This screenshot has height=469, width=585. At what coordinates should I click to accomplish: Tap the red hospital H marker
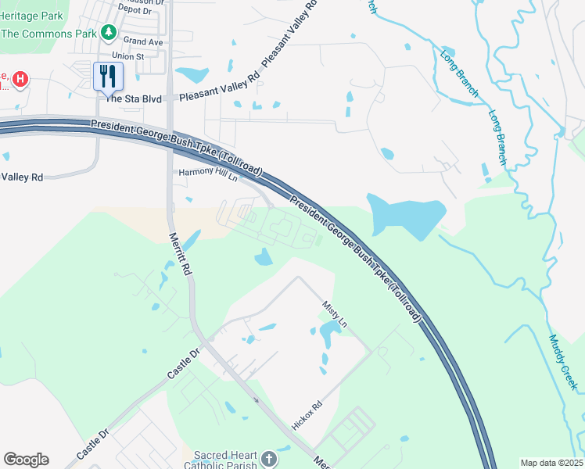(x=21, y=79)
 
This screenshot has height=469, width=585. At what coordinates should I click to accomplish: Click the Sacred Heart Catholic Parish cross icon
(x=268, y=459)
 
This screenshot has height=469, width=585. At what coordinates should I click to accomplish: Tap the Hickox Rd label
(x=307, y=416)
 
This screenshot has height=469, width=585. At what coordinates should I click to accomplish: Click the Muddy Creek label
(x=562, y=363)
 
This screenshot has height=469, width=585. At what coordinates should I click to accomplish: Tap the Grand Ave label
(x=142, y=41)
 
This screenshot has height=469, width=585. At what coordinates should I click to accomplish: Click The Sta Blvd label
(x=133, y=99)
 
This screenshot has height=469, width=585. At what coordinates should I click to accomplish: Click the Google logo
(x=26, y=460)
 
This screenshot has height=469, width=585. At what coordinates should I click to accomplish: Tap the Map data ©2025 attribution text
(x=551, y=463)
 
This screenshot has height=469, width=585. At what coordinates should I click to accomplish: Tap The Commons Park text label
(x=48, y=34)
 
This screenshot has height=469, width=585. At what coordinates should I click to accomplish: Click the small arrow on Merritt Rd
(x=257, y=399)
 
